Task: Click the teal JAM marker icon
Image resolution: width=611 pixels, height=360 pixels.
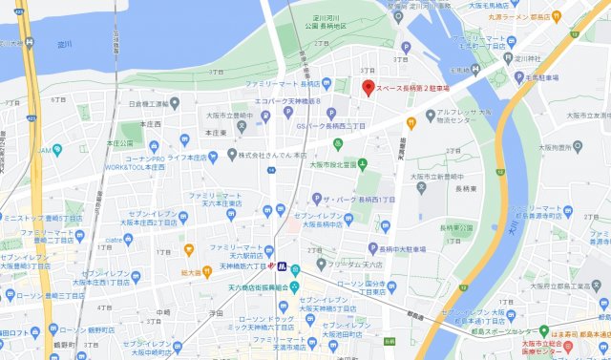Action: [57, 150]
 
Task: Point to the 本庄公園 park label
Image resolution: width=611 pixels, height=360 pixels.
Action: [119, 143]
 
